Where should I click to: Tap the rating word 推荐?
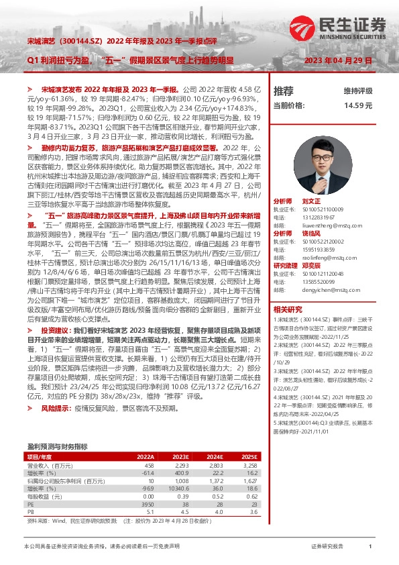coord(284,91)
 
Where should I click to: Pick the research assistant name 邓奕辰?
coord(312,265)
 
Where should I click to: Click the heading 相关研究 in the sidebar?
coord(288,310)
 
